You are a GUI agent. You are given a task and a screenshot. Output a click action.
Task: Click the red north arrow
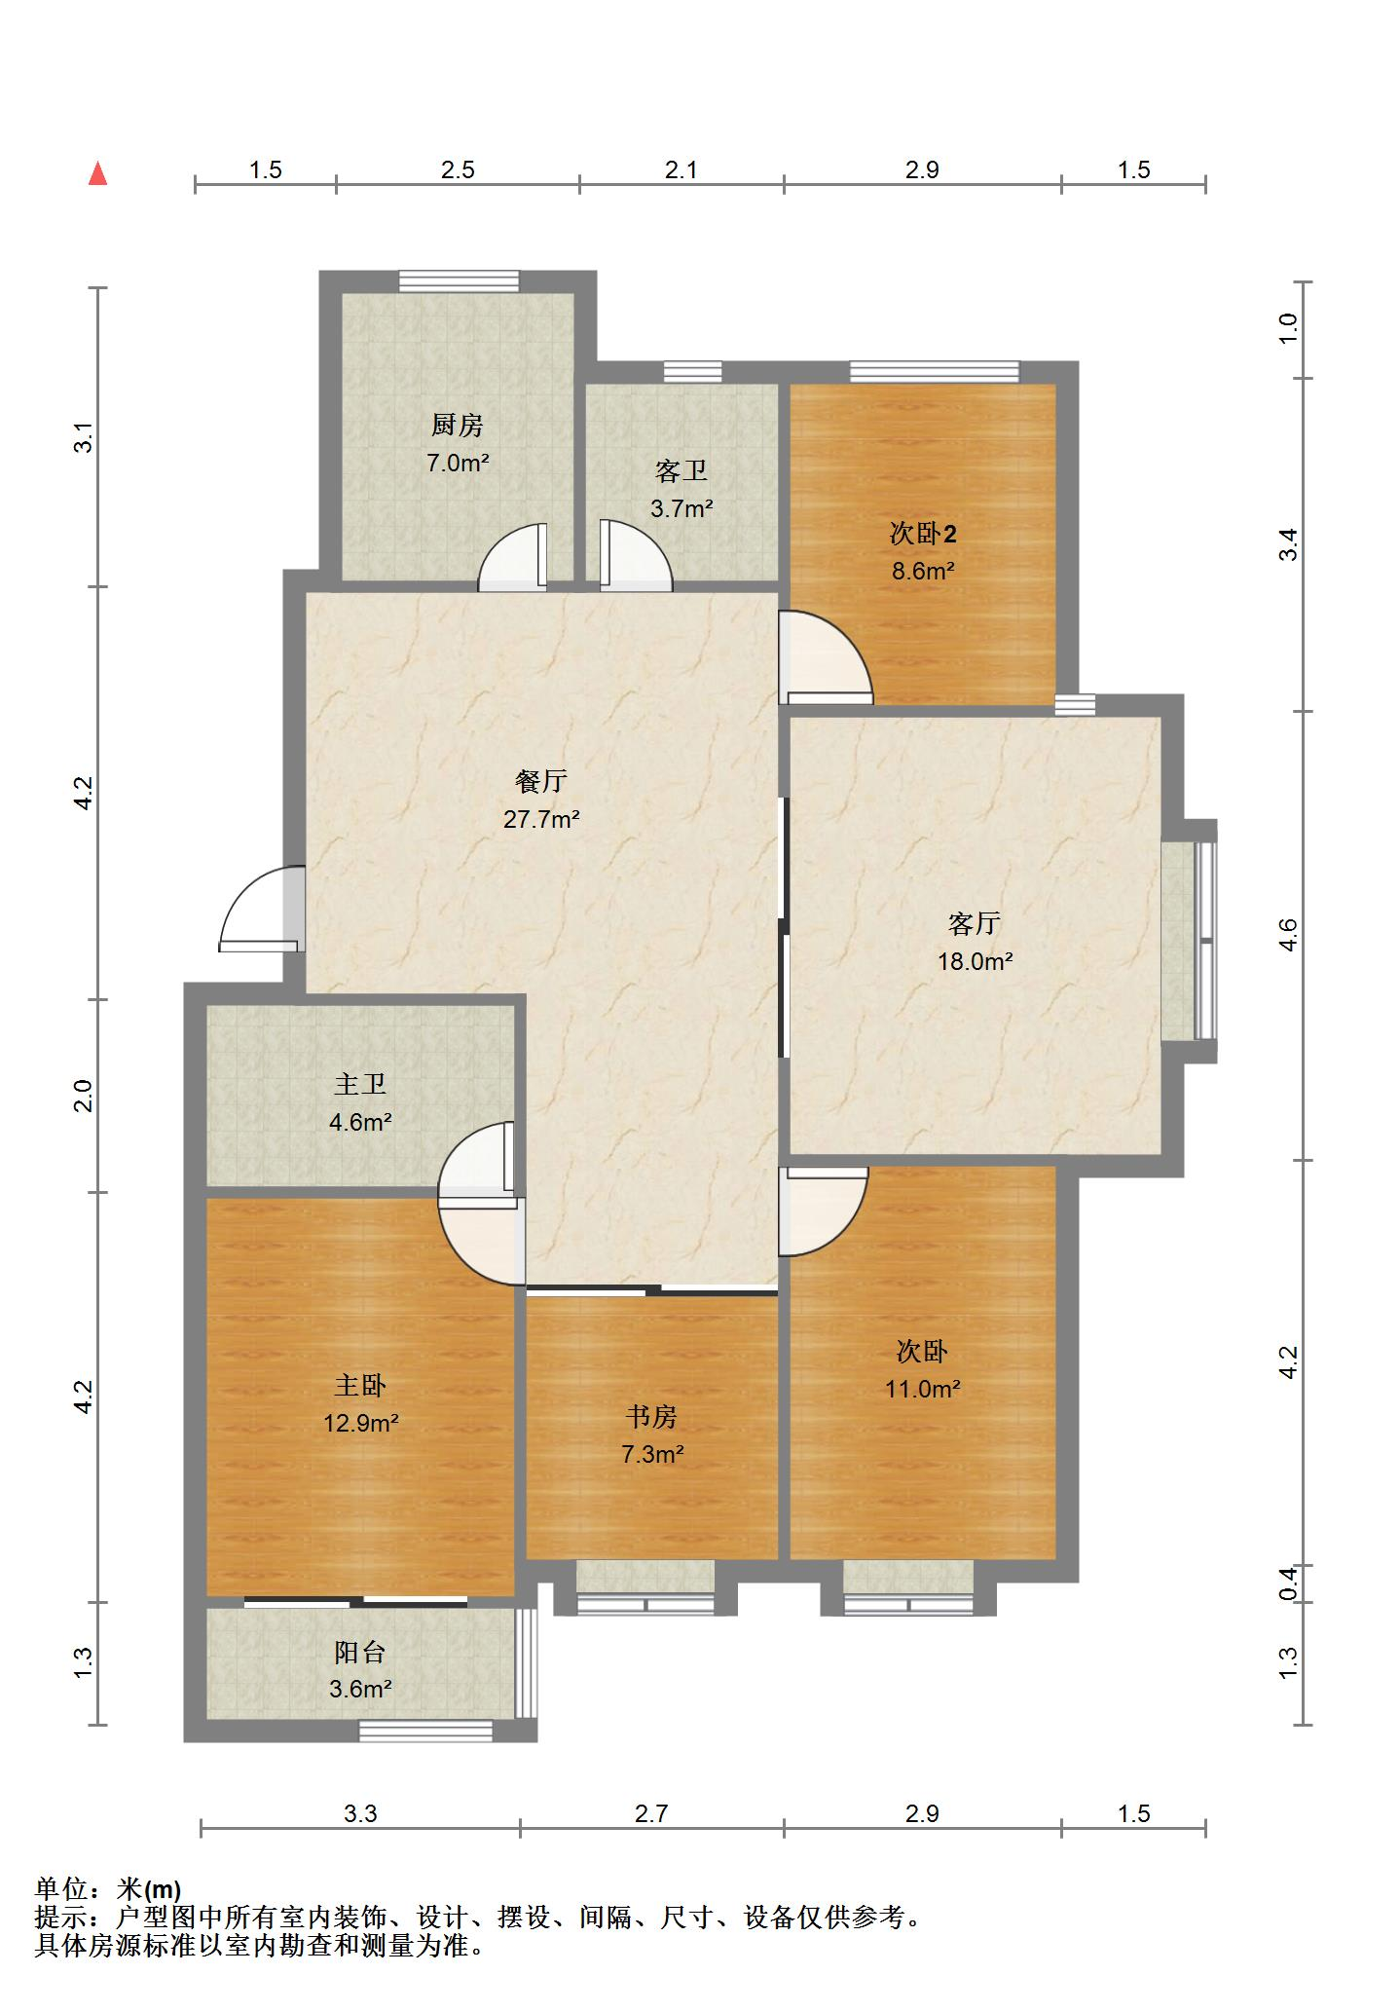97,174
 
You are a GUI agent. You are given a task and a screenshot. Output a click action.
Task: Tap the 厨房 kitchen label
458,425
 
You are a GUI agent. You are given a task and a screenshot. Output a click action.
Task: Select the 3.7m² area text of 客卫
682,507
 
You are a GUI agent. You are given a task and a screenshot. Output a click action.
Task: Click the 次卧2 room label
923,533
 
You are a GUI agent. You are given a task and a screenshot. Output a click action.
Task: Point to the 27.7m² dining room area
541,818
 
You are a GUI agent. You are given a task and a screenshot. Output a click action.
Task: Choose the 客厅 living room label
975,922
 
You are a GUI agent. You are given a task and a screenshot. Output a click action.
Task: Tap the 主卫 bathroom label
360,1084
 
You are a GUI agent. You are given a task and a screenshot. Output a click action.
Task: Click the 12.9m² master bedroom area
361,1423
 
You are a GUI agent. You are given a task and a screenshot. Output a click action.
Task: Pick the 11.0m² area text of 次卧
923,1389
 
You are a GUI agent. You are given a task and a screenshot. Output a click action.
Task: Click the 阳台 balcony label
360,1652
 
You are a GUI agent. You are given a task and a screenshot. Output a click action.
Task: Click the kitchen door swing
512,558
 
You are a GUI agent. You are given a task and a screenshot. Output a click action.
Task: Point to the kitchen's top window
459,280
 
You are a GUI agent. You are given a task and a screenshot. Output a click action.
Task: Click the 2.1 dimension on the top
682,170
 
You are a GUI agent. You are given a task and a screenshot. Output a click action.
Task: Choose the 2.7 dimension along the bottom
651,1813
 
